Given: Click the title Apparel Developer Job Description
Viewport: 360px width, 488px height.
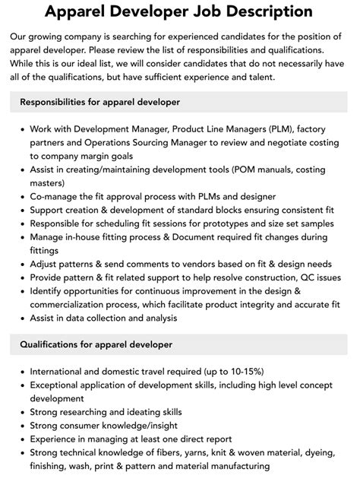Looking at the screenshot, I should point(180,11).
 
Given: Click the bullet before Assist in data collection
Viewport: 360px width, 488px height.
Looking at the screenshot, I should point(21,318).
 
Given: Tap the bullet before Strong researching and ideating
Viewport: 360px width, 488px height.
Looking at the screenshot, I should point(21,411).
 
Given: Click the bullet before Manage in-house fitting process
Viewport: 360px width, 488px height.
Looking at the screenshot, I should point(21,237).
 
